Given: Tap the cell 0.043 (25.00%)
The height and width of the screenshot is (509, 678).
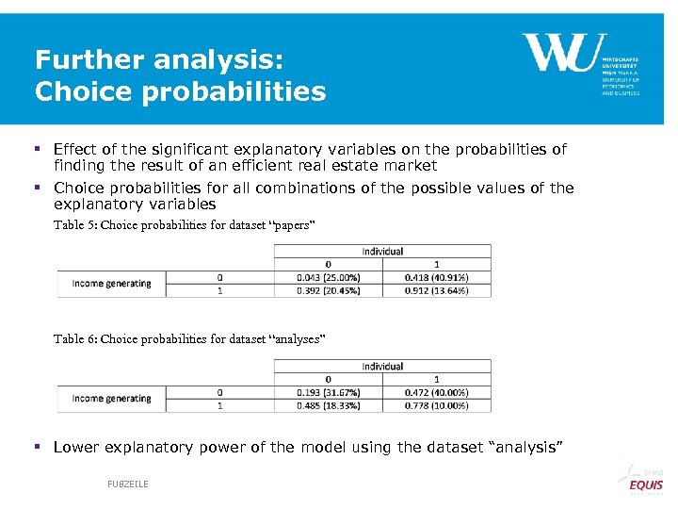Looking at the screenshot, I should coord(329,277).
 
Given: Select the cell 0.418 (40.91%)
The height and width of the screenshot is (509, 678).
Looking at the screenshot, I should coord(436,277).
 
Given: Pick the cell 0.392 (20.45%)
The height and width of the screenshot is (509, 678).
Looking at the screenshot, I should coord(329,290).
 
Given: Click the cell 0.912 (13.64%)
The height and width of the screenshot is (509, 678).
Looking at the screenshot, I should coord(436,290).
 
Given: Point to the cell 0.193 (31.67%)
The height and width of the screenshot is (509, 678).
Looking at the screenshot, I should coord(329,392).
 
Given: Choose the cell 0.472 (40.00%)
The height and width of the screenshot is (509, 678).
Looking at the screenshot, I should coord(436,392).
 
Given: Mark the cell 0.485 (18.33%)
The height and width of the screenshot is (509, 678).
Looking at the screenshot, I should coord(329,405).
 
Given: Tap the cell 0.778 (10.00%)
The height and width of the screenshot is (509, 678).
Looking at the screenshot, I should coord(436,405).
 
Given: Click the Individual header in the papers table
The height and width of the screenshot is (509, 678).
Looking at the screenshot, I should coord(382,252).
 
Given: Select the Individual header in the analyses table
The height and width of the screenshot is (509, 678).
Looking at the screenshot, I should coord(382,367).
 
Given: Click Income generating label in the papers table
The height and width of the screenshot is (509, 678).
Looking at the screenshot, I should coord(111,284).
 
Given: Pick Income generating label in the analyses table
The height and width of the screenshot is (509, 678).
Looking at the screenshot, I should coord(111,399).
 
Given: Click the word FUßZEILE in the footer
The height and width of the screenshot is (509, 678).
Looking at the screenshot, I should coord(128,484).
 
